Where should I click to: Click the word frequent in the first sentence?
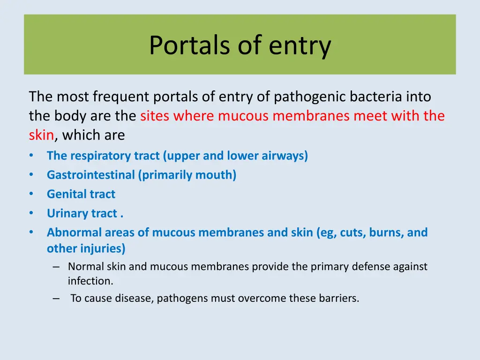click(120, 97)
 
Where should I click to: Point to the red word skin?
click(41, 135)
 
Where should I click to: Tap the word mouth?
click(218, 175)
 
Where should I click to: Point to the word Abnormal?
click(74, 232)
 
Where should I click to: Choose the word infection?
click(90, 282)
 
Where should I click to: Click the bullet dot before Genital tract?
click(31, 194)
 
